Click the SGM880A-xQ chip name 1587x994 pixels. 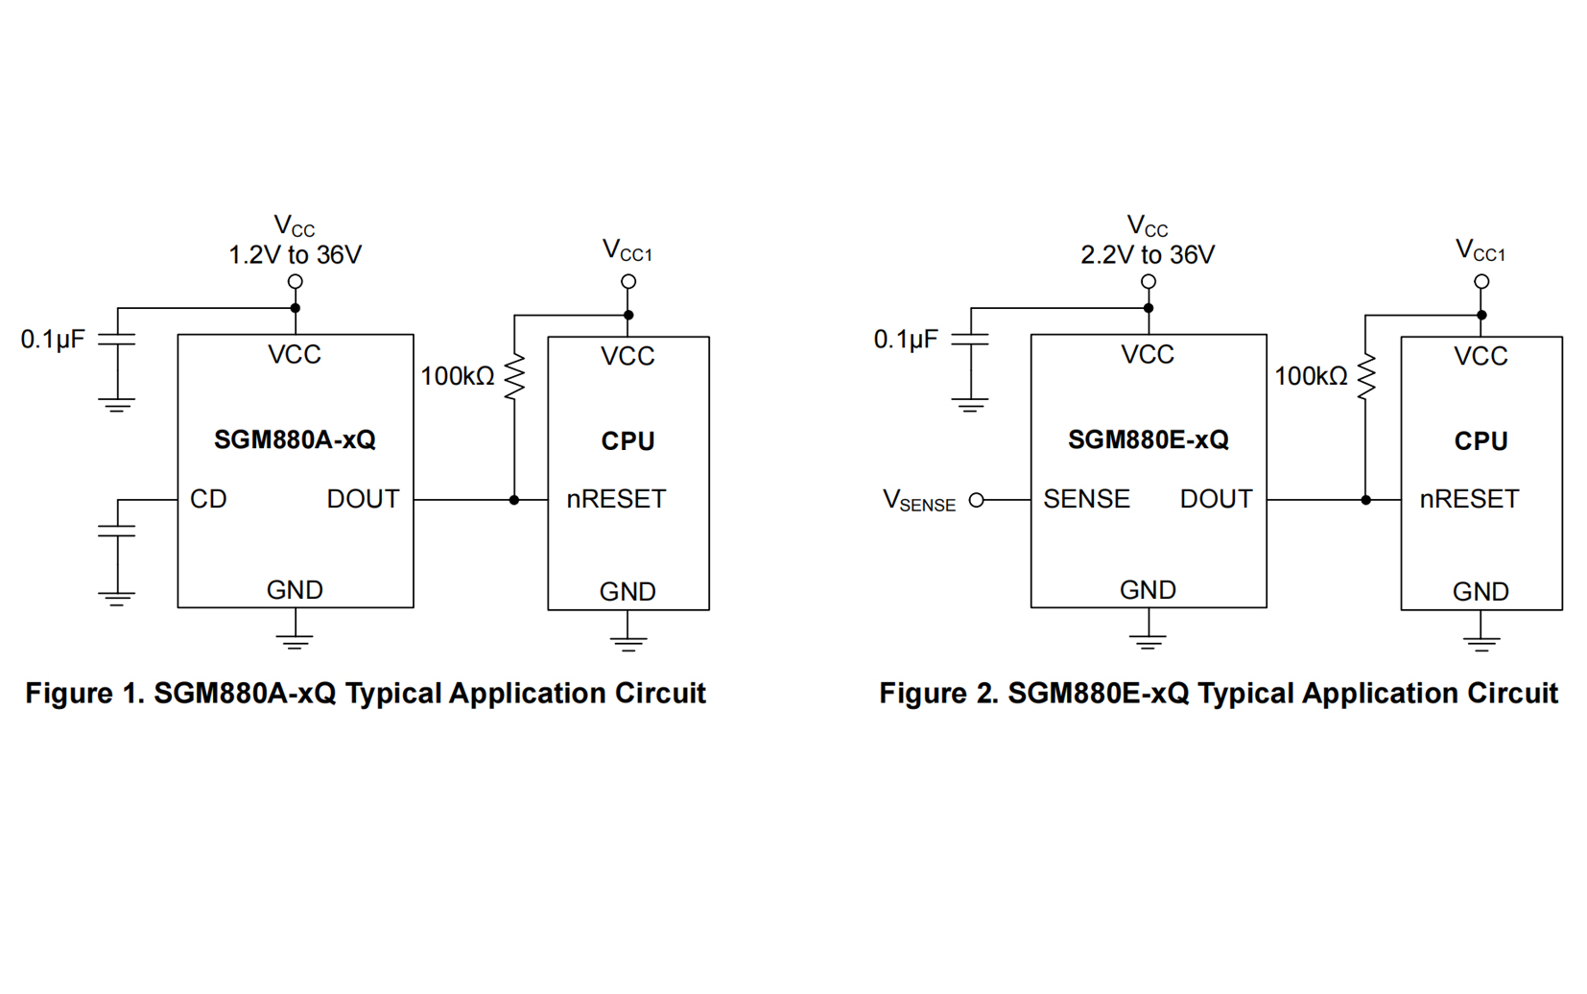pos(295,440)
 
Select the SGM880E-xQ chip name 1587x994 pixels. pos(1148,440)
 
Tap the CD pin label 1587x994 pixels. pos(208,500)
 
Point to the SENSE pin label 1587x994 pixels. pos(1086,500)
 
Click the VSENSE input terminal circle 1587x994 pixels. pos(977,500)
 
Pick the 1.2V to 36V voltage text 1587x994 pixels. pos(295,255)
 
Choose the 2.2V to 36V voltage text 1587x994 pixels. pos(1148,255)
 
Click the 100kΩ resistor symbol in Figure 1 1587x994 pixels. pos(515,376)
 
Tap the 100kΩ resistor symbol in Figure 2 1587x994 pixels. pos(1366,376)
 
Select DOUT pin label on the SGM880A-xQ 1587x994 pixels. pos(363,500)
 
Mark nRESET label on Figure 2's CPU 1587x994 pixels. pos(1469,500)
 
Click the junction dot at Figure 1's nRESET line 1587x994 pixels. pos(514,500)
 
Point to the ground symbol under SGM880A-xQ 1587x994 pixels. pos(295,640)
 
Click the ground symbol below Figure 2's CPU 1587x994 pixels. pos(1481,643)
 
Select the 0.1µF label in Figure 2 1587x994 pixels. pos(906,340)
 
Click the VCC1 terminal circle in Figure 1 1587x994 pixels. pos(628,281)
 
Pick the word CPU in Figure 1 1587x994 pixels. pos(628,441)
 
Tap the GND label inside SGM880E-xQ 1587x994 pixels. pos(1148,590)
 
